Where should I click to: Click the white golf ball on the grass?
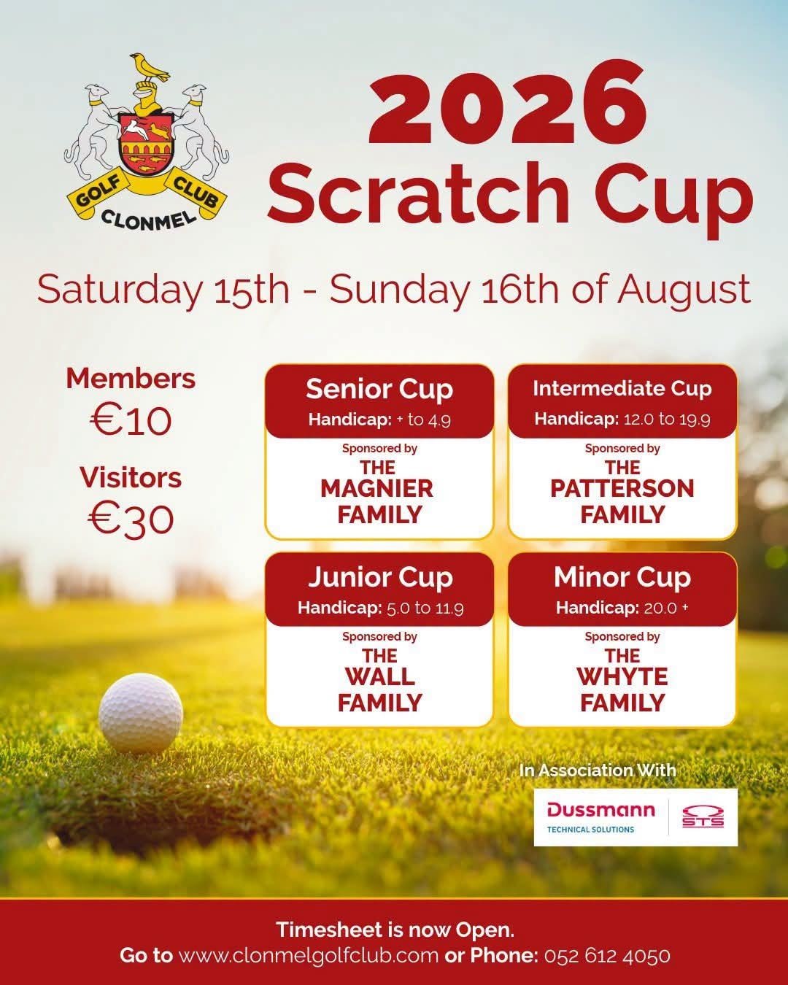click(x=141, y=714)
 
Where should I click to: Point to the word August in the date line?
click(x=684, y=290)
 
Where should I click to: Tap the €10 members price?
click(x=131, y=420)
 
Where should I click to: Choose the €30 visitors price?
click(x=131, y=519)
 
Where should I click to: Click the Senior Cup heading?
click(x=379, y=390)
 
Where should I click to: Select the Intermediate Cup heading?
click(x=622, y=389)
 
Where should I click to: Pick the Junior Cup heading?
click(x=380, y=578)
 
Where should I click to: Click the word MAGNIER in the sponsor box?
click(x=376, y=489)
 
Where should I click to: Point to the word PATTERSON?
click(x=622, y=489)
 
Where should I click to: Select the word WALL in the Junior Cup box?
click(x=379, y=677)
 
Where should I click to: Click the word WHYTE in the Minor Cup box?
click(x=622, y=677)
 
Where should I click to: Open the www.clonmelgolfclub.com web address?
click(x=308, y=956)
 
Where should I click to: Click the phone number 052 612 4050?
click(x=607, y=956)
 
